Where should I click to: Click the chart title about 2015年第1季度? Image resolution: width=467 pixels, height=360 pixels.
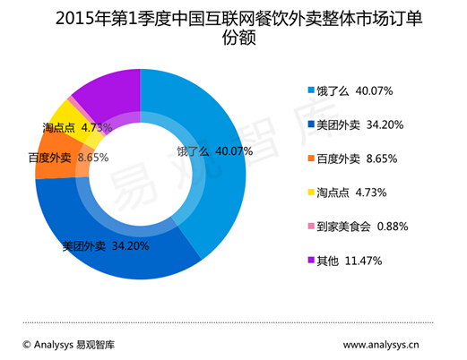coord(238,28)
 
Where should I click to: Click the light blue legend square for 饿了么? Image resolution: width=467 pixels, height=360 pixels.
coord(311,90)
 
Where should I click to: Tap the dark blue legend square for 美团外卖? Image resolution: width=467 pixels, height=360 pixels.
coord(311,124)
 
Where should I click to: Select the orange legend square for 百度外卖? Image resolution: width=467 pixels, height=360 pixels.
coord(311,159)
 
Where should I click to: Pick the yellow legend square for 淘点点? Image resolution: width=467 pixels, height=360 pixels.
coord(311,192)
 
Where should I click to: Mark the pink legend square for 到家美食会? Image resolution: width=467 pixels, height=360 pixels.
coord(311,226)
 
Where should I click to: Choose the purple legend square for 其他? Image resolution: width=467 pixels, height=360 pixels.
coord(311,260)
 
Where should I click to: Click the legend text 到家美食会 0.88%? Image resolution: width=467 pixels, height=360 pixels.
coord(362,227)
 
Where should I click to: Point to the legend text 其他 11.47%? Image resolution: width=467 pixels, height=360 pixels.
coord(350,261)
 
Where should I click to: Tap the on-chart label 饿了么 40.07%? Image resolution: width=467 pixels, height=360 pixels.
coord(215,151)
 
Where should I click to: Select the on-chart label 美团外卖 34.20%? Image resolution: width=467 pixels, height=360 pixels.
coord(106,246)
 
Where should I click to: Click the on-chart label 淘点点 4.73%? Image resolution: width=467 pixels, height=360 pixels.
coord(77,128)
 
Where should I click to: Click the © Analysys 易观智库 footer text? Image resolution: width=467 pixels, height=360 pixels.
coord(69,345)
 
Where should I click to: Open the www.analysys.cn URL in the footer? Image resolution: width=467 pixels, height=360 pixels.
coord(381,345)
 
